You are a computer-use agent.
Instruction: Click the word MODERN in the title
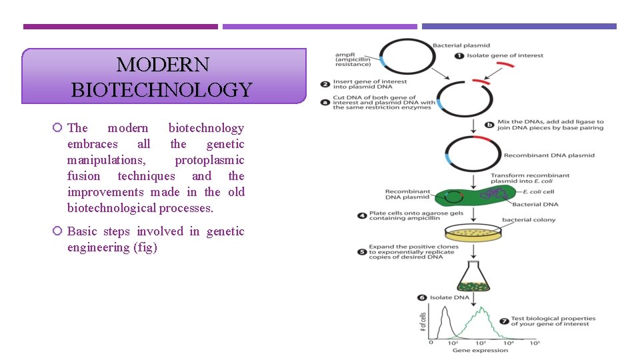[x=163, y=65]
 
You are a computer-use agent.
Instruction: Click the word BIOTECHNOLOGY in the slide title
[x=162, y=89]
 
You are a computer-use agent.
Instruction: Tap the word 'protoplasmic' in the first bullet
[x=209, y=160]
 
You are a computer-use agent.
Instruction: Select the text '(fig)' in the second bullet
[x=145, y=247]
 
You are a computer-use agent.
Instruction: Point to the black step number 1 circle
[x=459, y=55]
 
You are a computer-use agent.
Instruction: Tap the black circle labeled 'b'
[x=491, y=123]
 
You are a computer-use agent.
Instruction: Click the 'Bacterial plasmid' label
[x=460, y=45]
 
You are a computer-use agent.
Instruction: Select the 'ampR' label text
[x=345, y=54]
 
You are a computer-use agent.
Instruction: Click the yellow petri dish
[x=473, y=233]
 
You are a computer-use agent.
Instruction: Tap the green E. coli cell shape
[x=473, y=197]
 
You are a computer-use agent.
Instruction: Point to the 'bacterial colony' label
[x=529, y=220]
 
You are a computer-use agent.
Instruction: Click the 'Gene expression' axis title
[x=480, y=350]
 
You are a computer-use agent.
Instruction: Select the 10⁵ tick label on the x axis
[x=534, y=343]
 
